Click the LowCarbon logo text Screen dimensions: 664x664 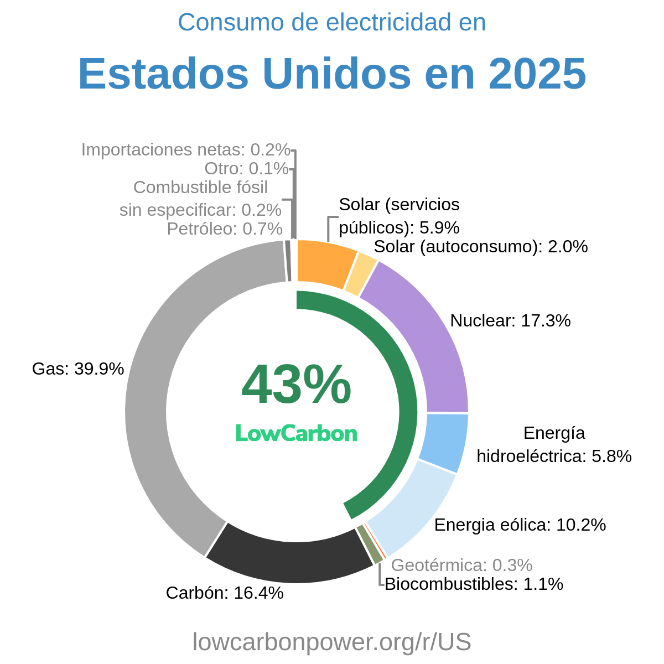click(x=296, y=433)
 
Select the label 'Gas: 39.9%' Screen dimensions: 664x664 click(x=78, y=369)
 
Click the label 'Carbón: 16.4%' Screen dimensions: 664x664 click(x=225, y=593)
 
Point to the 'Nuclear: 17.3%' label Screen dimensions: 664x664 click(x=510, y=320)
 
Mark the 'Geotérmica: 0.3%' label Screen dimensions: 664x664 click(x=461, y=565)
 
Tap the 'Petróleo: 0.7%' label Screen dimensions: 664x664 click(x=225, y=229)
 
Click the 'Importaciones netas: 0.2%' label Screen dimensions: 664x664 click(x=185, y=149)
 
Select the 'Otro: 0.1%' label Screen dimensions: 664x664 click(x=246, y=168)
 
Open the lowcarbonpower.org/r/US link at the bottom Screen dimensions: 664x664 click(x=332, y=642)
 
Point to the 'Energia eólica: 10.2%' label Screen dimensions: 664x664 click(x=520, y=525)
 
